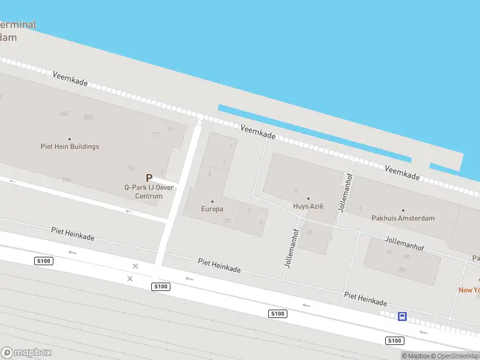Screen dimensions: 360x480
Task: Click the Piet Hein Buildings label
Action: (x=70, y=146)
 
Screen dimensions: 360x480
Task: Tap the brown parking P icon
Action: (x=149, y=178)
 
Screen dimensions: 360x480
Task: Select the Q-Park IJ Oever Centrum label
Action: (x=148, y=191)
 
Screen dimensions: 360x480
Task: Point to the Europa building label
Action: (x=212, y=209)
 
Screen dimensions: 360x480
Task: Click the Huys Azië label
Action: (x=308, y=206)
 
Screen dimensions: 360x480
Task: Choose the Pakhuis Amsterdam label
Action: (x=403, y=218)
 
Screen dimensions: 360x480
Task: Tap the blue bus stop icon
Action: (x=402, y=316)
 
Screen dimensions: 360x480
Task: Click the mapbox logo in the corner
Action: (x=26, y=353)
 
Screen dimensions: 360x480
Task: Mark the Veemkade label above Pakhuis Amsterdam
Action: (x=402, y=173)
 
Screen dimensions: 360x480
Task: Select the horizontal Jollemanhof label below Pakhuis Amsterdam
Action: (x=404, y=243)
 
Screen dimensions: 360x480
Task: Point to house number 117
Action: (x=155, y=134)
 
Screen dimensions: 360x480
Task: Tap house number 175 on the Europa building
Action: (x=226, y=221)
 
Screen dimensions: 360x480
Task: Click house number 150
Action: (x=400, y=269)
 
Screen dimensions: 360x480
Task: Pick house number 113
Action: (x=130, y=167)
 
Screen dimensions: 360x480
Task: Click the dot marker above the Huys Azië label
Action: (x=308, y=199)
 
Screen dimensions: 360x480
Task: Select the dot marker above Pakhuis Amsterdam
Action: (x=403, y=211)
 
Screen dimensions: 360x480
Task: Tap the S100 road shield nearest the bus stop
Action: (x=394, y=341)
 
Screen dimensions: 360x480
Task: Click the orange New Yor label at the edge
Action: (x=470, y=290)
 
